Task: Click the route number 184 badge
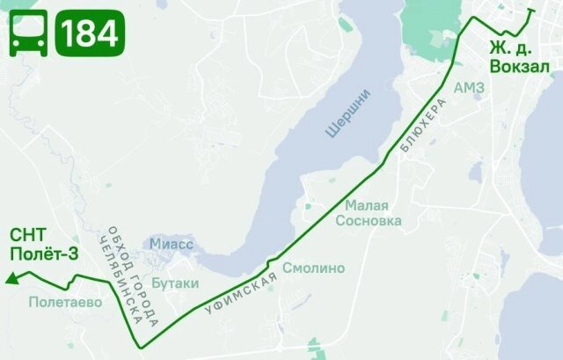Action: tap(89, 33)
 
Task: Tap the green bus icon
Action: tap(28, 33)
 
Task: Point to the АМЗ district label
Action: tap(468, 88)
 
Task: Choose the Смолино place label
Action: tap(313, 268)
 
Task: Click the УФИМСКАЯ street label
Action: tap(240, 294)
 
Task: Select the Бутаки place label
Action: tap(175, 283)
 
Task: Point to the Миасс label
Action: tap(172, 243)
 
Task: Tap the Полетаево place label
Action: tap(65, 302)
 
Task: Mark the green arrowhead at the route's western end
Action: tap(11, 280)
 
